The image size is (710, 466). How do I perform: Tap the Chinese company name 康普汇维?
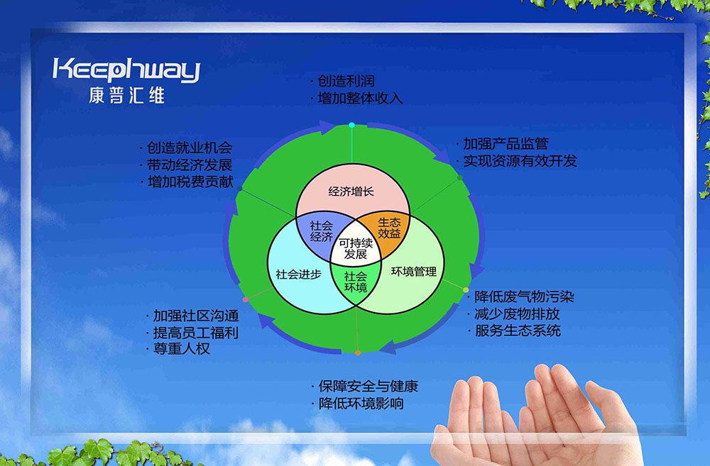(x=127, y=96)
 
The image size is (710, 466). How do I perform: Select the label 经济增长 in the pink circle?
(x=351, y=192)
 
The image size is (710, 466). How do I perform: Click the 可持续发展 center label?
(x=356, y=249)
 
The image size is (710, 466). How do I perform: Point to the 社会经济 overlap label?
(x=322, y=231)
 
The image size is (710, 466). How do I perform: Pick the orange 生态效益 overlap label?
(x=389, y=228)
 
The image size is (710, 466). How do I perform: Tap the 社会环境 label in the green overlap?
(x=356, y=282)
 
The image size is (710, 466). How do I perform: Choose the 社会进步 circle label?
(x=298, y=274)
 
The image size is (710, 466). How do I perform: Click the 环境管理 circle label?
(x=414, y=272)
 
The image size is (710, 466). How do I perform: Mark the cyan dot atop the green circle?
(x=352, y=125)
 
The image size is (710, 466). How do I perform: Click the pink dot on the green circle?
(x=246, y=299)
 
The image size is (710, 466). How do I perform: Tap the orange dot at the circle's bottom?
(x=358, y=353)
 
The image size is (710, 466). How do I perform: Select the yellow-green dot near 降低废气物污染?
(x=466, y=289)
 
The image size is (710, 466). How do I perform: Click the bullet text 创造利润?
(x=346, y=81)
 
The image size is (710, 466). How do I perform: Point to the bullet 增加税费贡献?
(x=190, y=182)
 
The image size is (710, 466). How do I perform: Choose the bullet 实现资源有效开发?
(x=520, y=160)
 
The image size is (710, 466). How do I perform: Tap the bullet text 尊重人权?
(x=182, y=348)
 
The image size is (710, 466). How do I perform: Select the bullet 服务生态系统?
(x=518, y=331)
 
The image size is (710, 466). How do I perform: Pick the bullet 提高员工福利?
(x=196, y=333)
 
